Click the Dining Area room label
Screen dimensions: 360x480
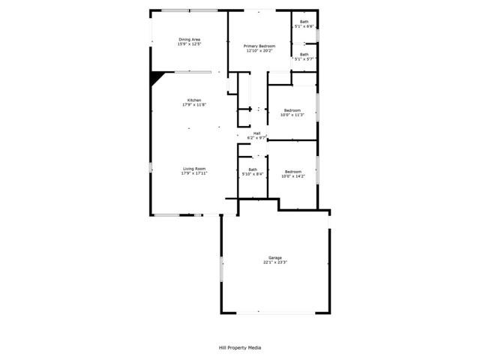189,39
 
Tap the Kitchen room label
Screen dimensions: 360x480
194,100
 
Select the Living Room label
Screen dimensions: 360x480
194,169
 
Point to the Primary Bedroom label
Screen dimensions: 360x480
259,46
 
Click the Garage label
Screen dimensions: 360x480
276,257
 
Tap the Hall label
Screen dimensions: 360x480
256,133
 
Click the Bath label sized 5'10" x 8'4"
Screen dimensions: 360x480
253,169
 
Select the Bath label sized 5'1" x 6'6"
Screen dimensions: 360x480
304,22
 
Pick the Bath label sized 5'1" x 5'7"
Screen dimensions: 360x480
304,54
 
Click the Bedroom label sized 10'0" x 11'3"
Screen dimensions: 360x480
292,110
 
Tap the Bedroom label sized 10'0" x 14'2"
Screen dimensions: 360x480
292,171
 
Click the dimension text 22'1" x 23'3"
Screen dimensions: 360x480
276,262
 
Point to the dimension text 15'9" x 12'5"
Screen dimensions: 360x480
189,43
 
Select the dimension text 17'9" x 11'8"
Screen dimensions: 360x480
194,105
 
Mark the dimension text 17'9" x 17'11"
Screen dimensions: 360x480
194,173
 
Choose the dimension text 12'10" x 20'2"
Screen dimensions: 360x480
259,51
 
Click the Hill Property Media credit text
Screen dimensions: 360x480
240,347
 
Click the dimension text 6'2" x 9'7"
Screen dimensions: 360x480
257,138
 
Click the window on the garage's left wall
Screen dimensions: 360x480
221,270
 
